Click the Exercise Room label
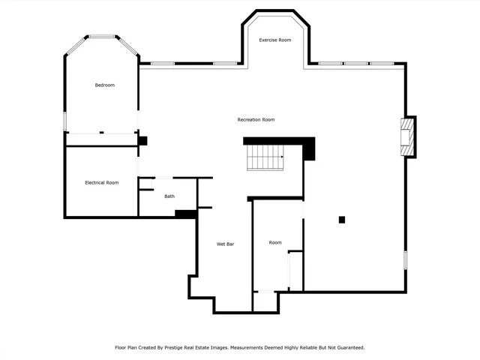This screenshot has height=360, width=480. pos(274,40)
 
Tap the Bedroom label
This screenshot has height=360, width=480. pos(104,85)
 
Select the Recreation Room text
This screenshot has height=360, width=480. pos(256,120)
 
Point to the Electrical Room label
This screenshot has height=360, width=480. pos(101,183)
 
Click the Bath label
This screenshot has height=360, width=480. pos(169,196)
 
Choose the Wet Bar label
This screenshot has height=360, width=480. pos(226,244)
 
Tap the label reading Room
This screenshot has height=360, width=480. pos(275,242)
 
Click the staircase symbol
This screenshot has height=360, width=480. pos(265,157)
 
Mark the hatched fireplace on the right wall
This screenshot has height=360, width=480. pos(408,136)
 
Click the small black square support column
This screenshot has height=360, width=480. pos(342,219)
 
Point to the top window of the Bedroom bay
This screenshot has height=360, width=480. pos(102,36)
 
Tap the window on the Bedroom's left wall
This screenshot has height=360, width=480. pos(65,121)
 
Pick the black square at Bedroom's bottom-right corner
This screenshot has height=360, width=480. pos(142,140)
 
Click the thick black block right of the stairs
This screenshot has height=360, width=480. pos(308,149)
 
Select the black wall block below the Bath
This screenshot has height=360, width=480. pos(185,214)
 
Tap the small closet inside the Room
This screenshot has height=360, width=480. pos(295,269)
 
